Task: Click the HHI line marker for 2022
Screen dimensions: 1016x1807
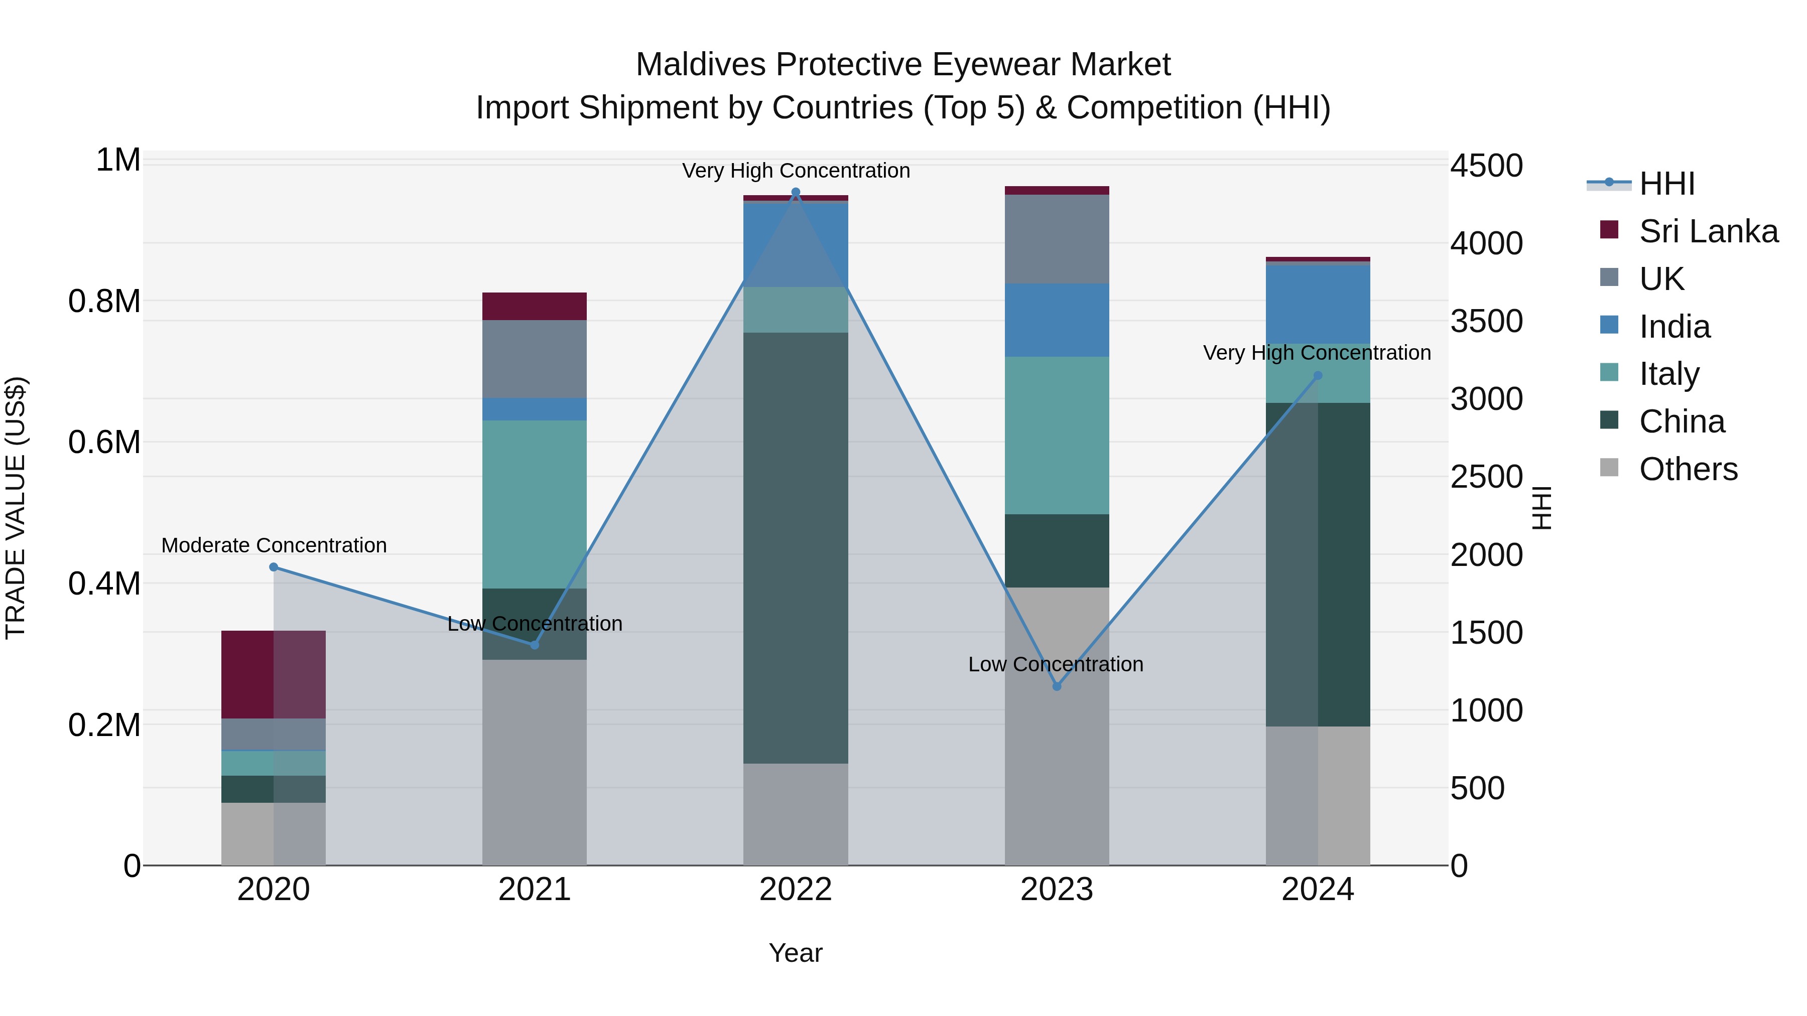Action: pos(796,192)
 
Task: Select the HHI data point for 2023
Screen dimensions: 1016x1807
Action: pos(1057,686)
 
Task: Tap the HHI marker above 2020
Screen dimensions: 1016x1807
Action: pos(274,567)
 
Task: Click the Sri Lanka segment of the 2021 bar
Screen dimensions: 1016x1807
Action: pos(535,307)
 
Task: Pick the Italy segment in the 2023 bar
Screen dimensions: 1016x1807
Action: pos(1057,434)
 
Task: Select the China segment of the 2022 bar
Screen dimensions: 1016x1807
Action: pos(796,547)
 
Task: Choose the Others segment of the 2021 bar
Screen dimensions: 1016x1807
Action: pos(535,762)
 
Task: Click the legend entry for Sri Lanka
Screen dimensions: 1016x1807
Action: pos(1708,231)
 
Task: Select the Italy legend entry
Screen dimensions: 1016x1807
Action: pos(1669,374)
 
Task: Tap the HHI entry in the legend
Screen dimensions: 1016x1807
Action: pos(1666,184)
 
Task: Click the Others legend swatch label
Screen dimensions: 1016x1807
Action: pos(1688,469)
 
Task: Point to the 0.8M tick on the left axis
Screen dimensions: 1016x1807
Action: pos(104,302)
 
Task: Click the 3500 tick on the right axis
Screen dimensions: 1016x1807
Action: pos(1486,321)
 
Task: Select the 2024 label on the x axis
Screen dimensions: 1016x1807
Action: pos(1318,890)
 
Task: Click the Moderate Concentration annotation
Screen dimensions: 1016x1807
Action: pos(274,545)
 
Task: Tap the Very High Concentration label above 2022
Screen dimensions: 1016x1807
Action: pos(796,171)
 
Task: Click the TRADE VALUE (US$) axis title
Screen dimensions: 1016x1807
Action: pos(16,508)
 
